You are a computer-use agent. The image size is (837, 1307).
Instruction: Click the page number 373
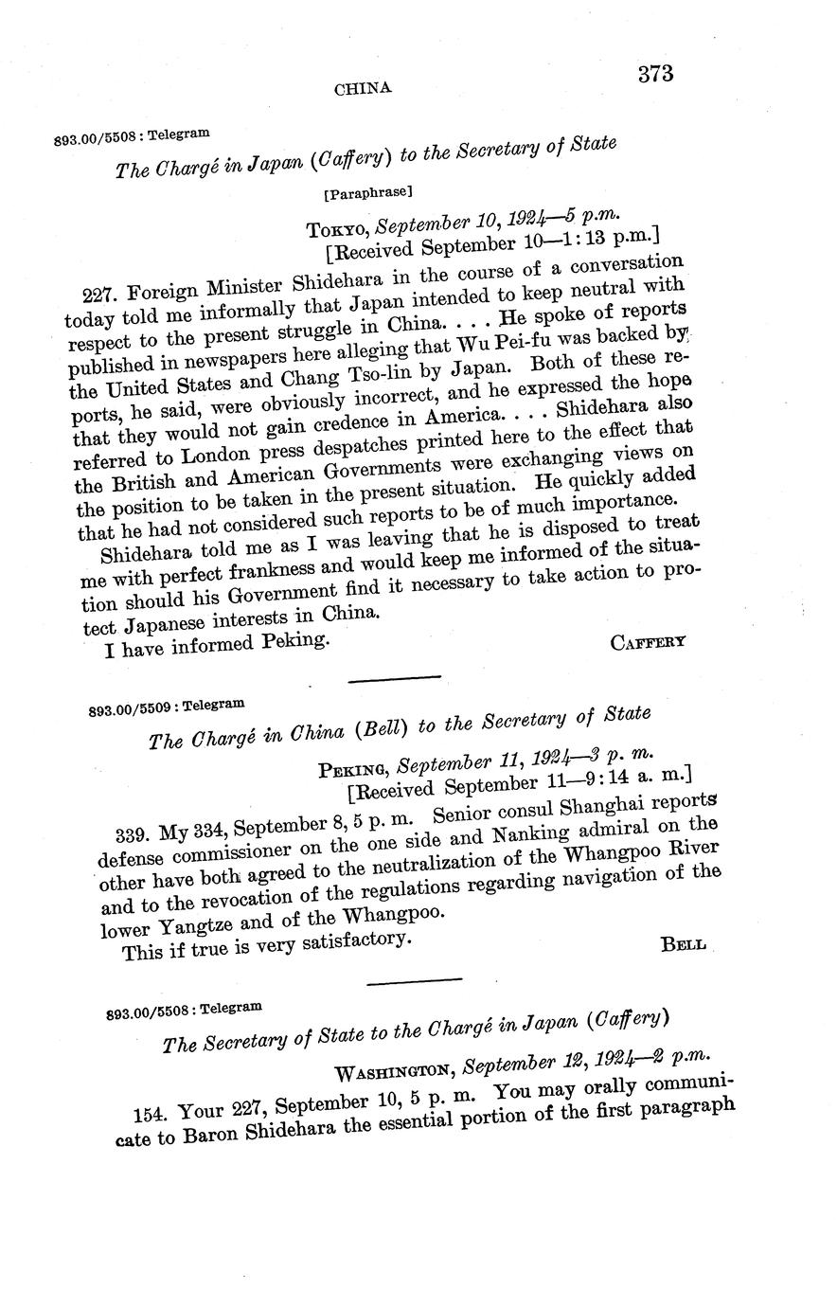tap(654, 73)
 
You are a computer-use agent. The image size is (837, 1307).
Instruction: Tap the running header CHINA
tap(364, 88)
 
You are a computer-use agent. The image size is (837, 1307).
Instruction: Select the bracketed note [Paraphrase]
tap(366, 193)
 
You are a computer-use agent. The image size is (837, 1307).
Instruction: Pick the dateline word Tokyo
tap(336, 229)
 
